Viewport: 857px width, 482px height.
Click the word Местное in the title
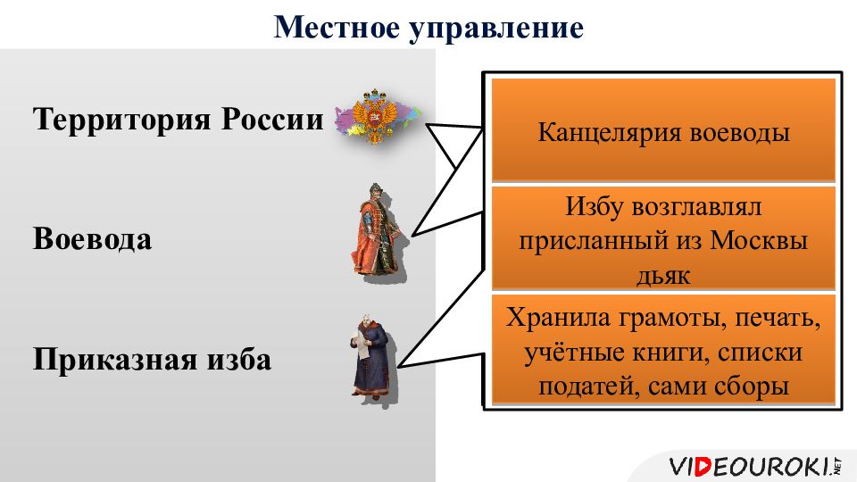(x=337, y=28)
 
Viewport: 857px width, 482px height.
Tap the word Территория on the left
(x=121, y=120)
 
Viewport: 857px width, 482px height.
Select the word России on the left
(x=272, y=119)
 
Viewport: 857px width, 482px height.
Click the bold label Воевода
(x=92, y=239)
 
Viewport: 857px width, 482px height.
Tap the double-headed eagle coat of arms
(x=374, y=116)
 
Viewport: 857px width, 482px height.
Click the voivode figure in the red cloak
(x=379, y=232)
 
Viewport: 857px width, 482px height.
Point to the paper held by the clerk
(x=362, y=345)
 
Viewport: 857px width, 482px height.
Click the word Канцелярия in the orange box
(x=609, y=133)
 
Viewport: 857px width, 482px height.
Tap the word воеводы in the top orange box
(x=739, y=133)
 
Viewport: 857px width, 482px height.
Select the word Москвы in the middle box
(x=759, y=240)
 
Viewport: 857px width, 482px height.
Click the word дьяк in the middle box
(x=663, y=275)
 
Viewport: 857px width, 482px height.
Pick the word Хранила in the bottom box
(x=557, y=318)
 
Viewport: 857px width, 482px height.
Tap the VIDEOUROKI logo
(x=755, y=466)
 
